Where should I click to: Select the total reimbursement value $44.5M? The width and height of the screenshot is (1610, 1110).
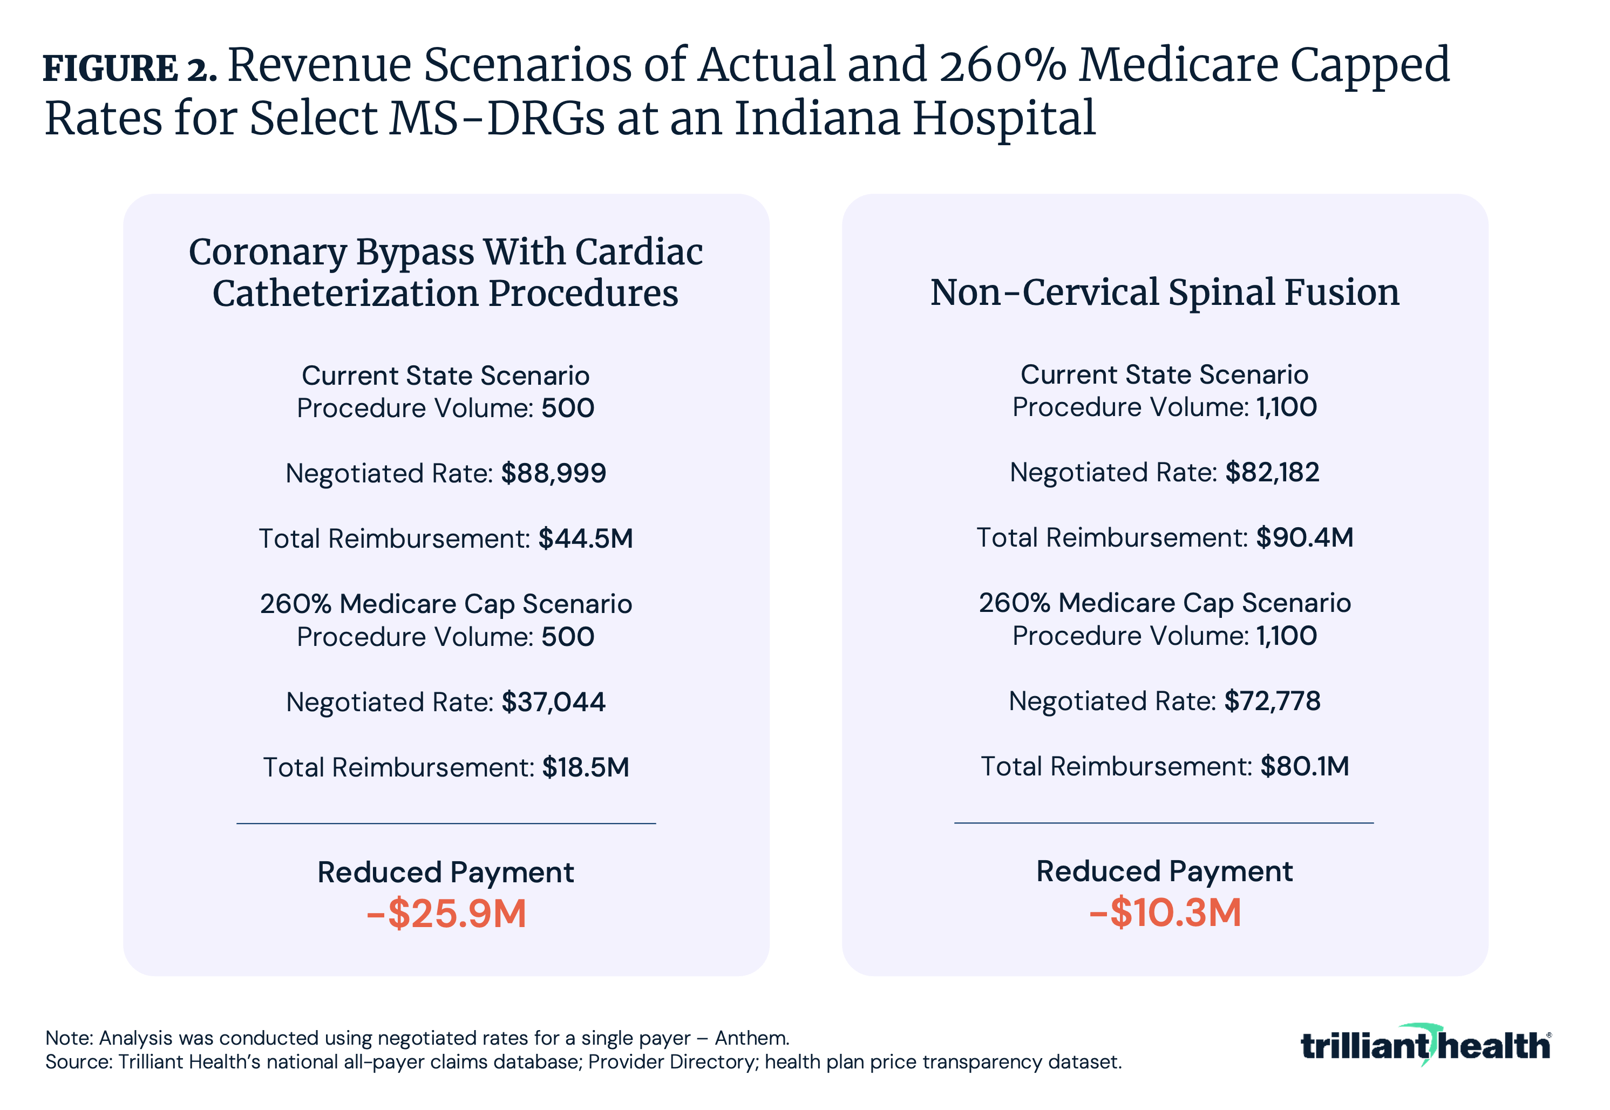click(x=585, y=539)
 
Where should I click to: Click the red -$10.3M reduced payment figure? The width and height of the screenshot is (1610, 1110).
click(x=1164, y=912)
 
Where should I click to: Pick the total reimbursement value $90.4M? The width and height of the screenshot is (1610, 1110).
click(x=1304, y=537)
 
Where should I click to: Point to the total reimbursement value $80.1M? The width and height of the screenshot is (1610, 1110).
click(x=1304, y=766)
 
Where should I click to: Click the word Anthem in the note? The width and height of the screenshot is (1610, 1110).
click(x=751, y=1038)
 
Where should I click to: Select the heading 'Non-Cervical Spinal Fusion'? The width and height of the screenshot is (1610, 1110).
click(x=1164, y=292)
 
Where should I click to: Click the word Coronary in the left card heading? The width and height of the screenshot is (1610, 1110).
click(x=267, y=252)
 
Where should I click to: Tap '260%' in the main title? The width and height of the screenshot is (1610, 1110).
click(x=1002, y=65)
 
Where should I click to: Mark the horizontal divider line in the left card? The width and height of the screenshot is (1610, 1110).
click(x=446, y=823)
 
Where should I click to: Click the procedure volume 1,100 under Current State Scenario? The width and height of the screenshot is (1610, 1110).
click(x=1286, y=407)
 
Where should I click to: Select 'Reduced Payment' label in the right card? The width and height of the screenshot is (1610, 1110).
click(x=1164, y=871)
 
